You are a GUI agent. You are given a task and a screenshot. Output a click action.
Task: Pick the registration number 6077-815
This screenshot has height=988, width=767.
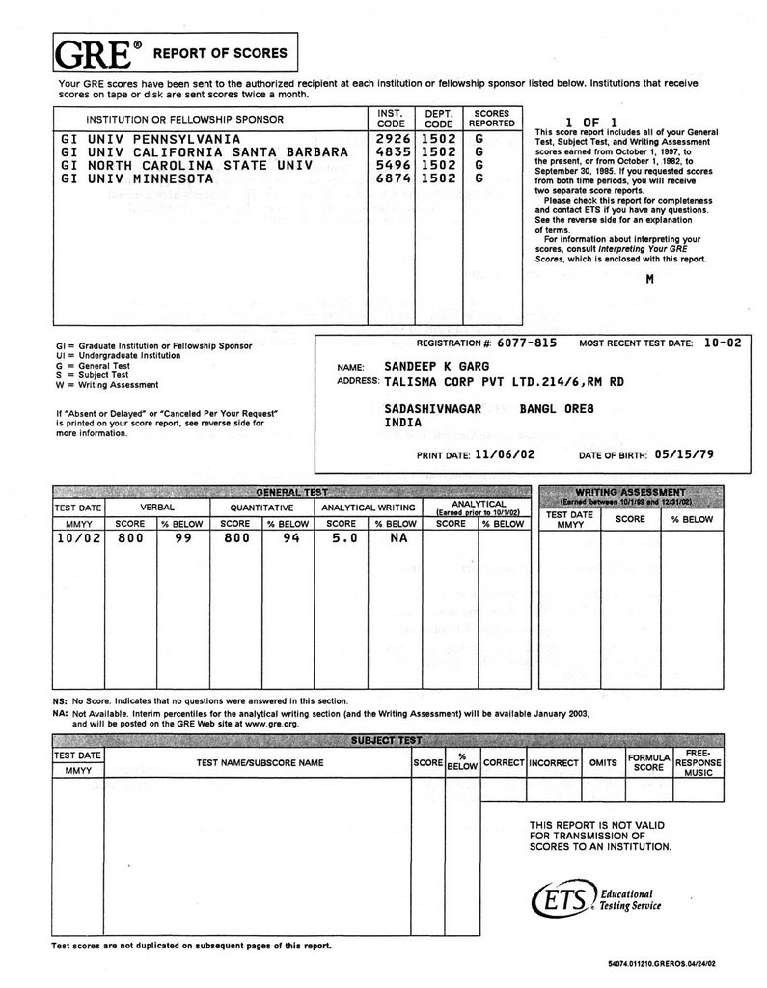tap(529, 343)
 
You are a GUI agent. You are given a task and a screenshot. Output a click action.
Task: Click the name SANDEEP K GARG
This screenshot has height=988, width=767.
tap(436, 367)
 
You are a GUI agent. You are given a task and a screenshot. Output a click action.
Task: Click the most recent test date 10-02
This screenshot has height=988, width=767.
tap(723, 343)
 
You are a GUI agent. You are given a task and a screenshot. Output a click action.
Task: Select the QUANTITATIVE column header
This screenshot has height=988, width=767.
tap(261, 506)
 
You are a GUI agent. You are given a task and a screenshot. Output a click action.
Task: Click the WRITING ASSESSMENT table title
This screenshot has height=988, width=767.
tap(630, 492)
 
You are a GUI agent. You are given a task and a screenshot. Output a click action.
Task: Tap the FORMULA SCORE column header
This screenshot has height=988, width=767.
tap(649, 762)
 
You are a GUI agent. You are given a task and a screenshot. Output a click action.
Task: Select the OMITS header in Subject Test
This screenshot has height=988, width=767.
tap(602, 762)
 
